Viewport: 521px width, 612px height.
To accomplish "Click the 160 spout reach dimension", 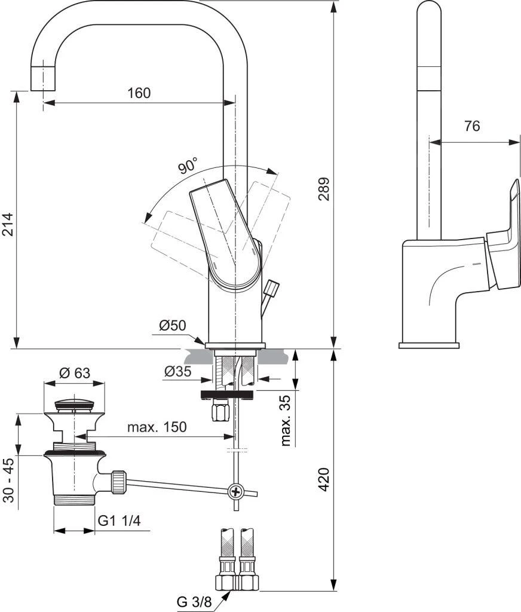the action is [x=139, y=93].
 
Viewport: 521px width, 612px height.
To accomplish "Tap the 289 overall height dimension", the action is [x=323, y=189].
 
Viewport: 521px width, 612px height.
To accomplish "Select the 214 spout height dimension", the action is [x=7, y=225].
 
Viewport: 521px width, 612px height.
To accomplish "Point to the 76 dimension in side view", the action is [x=472, y=126].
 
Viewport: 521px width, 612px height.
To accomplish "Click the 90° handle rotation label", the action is [x=188, y=166].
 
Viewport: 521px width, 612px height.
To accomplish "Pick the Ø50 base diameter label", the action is [x=173, y=325].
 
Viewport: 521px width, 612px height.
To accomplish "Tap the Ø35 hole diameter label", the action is [x=178, y=371].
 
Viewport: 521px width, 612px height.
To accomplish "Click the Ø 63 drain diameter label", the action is [x=75, y=373].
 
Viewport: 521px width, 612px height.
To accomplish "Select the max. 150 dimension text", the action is [x=157, y=427].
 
